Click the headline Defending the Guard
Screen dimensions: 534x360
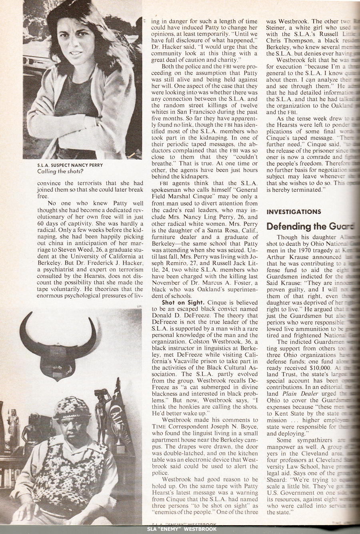click(x=312, y=226)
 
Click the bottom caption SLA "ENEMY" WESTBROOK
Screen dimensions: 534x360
click(x=180, y=530)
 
